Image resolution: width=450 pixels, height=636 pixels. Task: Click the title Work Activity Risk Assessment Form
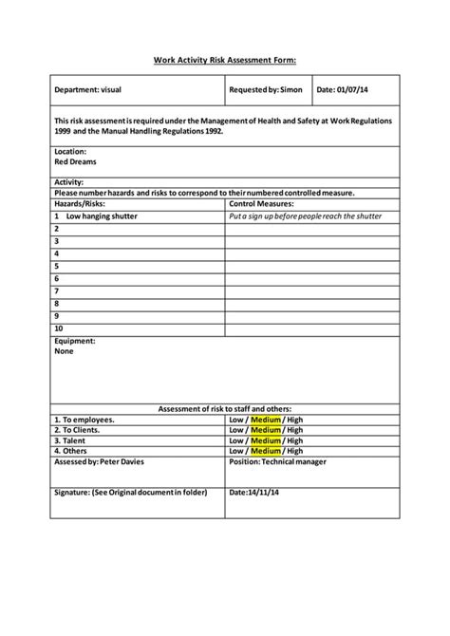(225, 60)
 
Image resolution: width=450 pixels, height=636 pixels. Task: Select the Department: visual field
(87, 90)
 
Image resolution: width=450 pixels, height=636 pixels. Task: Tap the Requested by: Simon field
(266, 90)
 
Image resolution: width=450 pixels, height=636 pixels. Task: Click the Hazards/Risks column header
(80, 204)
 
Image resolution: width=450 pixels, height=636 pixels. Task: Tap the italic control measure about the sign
(306, 216)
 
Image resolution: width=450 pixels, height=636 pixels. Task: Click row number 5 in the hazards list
(57, 267)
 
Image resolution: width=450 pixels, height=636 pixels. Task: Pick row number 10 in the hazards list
(59, 328)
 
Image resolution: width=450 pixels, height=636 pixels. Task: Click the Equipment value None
(64, 351)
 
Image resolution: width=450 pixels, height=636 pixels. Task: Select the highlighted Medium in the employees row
(266, 420)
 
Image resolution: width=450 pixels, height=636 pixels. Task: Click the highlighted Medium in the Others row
(266, 451)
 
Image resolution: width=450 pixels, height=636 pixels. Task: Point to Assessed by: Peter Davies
(101, 461)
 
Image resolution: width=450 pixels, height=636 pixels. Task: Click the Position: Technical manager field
(278, 461)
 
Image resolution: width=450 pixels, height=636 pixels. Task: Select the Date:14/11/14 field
(254, 493)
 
